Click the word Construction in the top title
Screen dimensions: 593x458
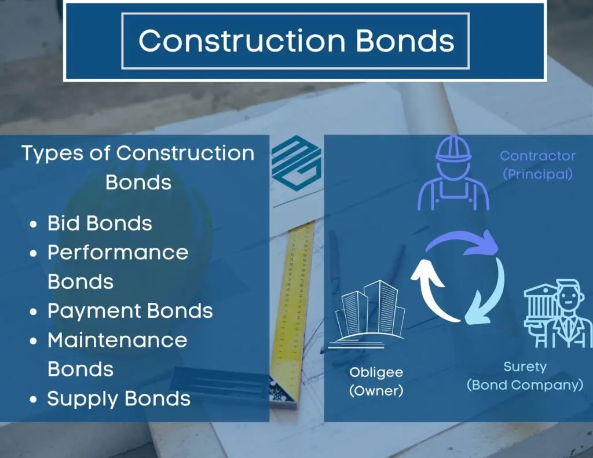point(242,41)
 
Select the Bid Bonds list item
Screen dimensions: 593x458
point(100,223)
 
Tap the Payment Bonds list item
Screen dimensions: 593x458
point(130,311)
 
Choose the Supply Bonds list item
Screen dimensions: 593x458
point(119,398)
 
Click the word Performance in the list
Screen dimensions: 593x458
point(118,252)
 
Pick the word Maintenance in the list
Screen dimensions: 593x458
point(117,340)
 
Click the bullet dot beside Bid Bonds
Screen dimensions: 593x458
point(33,224)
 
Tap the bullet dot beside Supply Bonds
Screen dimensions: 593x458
point(33,400)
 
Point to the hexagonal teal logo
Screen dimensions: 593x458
point(296,163)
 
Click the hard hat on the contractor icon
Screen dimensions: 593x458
point(453,149)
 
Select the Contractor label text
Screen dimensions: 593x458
point(537,156)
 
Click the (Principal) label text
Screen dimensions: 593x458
point(537,174)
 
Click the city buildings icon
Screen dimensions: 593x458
point(366,314)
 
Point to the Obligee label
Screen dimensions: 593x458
point(376,372)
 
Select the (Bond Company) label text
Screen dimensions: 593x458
point(525,385)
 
